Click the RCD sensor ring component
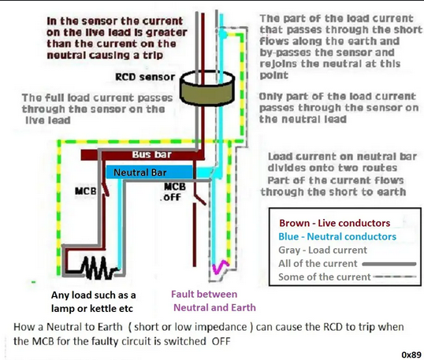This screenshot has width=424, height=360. pyautogui.click(x=206, y=87)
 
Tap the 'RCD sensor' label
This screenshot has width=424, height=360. pyautogui.click(x=145, y=77)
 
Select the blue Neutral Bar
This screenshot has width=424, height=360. pyautogui.click(x=149, y=173)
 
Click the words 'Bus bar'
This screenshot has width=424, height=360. pyautogui.click(x=151, y=154)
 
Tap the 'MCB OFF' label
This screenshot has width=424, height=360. pyautogui.click(x=174, y=192)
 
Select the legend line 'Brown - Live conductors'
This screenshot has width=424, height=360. pyautogui.click(x=334, y=223)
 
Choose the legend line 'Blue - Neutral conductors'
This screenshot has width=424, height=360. pyautogui.click(x=337, y=236)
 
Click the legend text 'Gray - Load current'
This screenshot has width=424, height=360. pyautogui.click(x=322, y=250)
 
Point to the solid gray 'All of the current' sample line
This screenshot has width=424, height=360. pyautogui.click(x=389, y=264)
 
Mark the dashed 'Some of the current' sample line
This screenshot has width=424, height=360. pyautogui.click(x=395, y=276)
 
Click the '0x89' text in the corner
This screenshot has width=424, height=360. pyautogui.click(x=411, y=354)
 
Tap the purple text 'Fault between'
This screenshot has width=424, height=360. pyautogui.click(x=204, y=294)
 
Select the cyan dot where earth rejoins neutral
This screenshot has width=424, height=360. pyautogui.click(x=222, y=34)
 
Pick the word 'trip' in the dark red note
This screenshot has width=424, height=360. pyautogui.click(x=153, y=55)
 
